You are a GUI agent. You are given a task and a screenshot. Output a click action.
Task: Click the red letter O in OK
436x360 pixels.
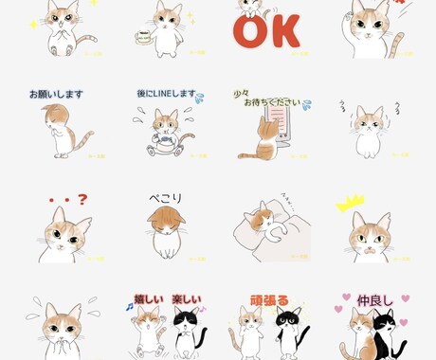[x=248, y=32]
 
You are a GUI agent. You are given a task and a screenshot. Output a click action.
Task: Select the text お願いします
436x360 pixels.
[x=56, y=95]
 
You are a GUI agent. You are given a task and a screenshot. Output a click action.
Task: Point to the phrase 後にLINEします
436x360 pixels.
[x=165, y=96]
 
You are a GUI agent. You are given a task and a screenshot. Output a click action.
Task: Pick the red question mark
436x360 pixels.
[x=82, y=200]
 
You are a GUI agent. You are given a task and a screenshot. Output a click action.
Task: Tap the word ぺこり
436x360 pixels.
[x=165, y=199]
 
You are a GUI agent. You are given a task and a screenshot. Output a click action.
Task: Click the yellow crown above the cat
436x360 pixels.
[x=351, y=202]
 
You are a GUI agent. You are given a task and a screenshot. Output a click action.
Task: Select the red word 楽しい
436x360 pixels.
[x=187, y=300]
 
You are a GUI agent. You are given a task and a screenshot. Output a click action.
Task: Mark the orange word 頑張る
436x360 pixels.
[x=268, y=300]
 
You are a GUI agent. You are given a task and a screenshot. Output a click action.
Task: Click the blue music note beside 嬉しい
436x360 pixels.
[x=130, y=307]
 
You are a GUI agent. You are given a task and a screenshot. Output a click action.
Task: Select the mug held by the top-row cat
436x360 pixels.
[x=144, y=37]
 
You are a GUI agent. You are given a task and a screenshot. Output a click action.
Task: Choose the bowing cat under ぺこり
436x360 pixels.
[x=165, y=230]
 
